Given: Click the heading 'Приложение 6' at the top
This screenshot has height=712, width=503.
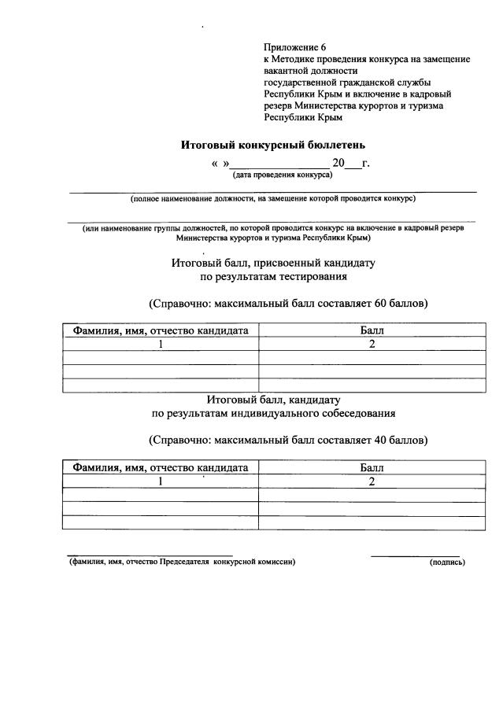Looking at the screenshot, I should click(294, 48).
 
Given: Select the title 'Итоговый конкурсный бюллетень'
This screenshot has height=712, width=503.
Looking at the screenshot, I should click(273, 145).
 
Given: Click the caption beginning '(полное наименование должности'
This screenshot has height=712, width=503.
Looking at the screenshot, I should click(273, 198).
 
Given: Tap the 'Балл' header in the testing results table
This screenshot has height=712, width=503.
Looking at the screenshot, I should click(372, 331).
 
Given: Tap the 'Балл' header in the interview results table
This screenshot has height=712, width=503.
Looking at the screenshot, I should click(372, 467).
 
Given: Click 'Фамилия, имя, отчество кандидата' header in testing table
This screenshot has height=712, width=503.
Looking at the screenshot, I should click(161, 331).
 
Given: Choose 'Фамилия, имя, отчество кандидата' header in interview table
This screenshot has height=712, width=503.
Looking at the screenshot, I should click(161, 467).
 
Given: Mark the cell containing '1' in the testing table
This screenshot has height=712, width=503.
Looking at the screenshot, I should click(161, 345).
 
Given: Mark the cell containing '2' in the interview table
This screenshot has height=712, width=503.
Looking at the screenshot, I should click(372, 481).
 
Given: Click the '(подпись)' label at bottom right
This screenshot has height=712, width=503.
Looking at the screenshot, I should click(447, 563).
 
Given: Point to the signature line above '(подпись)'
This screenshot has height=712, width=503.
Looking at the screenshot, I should click(415, 555).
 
